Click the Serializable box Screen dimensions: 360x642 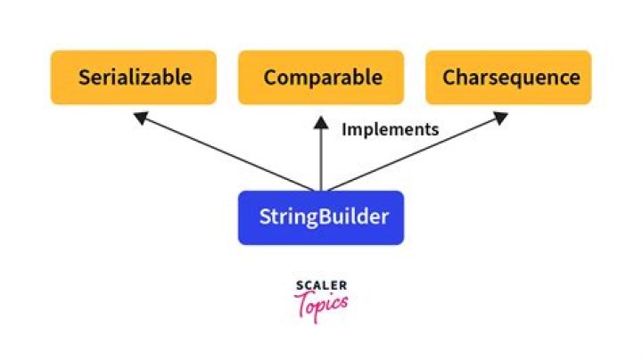134,78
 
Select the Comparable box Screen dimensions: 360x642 321,78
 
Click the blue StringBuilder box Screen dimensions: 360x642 321,217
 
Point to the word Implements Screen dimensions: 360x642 391,129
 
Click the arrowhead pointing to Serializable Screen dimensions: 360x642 137,116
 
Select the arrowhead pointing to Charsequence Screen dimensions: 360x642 501,116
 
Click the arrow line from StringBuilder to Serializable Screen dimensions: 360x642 227,153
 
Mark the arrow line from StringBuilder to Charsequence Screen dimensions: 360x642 412,153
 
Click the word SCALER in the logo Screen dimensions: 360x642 321,286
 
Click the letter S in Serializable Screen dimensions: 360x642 84,78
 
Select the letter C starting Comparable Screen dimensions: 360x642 270,78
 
